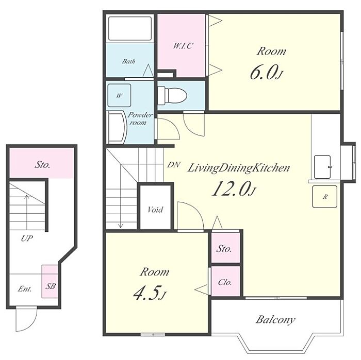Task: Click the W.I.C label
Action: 183,46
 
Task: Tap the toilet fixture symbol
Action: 172,95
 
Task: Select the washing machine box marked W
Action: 119,95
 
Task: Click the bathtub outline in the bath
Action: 130,28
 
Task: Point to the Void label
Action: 155,210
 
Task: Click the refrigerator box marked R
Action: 324,197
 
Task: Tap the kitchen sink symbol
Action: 322,167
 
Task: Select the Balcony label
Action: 275,319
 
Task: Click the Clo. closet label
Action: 225,282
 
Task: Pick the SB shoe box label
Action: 51,286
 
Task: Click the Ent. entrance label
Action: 25,289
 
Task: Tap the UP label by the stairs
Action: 27,238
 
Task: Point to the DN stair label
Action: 174,165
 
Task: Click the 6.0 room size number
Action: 263,73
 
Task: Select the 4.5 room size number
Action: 146,294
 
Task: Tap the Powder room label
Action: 140,118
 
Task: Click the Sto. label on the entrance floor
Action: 42,165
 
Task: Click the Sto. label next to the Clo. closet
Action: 224,249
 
